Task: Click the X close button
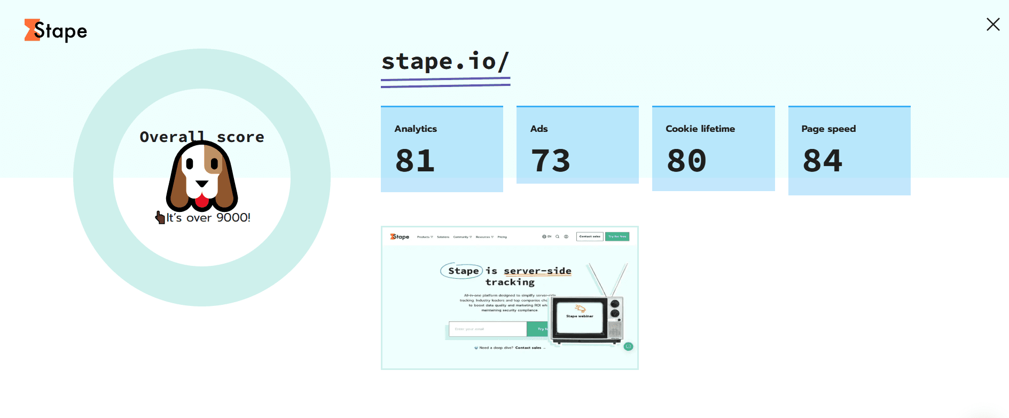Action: pyautogui.click(x=992, y=25)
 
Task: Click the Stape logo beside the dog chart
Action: pyautogui.click(x=56, y=31)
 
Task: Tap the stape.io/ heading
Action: pyautogui.click(x=445, y=62)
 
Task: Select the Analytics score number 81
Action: pyautogui.click(x=415, y=161)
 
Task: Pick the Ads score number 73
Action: pyautogui.click(x=550, y=161)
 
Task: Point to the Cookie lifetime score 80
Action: pyautogui.click(x=686, y=161)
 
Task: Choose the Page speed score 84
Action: pyautogui.click(x=823, y=161)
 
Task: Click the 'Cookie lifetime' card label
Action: pyautogui.click(x=700, y=129)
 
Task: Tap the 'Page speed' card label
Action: pyautogui.click(x=828, y=129)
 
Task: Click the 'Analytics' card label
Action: pyautogui.click(x=416, y=129)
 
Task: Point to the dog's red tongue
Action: pyautogui.click(x=201, y=201)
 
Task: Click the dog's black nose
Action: pyautogui.click(x=201, y=184)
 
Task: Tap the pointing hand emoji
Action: pyautogui.click(x=160, y=217)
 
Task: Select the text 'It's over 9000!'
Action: pyautogui.click(x=208, y=217)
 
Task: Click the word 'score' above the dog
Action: pyautogui.click(x=240, y=137)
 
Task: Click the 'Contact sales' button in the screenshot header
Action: pyautogui.click(x=590, y=236)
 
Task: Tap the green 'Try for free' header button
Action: pyautogui.click(x=617, y=236)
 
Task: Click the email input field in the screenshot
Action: pyautogui.click(x=487, y=329)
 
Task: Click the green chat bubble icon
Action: pyautogui.click(x=628, y=346)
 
